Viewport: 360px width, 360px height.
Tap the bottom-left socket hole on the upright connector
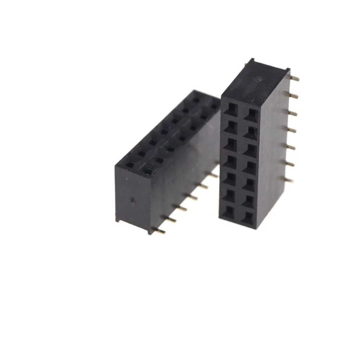tap(228, 212)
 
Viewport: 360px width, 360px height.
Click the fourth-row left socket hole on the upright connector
tap(229, 160)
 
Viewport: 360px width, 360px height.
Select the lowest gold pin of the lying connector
tap(161, 231)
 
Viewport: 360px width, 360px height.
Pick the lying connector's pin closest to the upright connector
tap(213, 175)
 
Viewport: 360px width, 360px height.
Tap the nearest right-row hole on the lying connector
tap(148, 172)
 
